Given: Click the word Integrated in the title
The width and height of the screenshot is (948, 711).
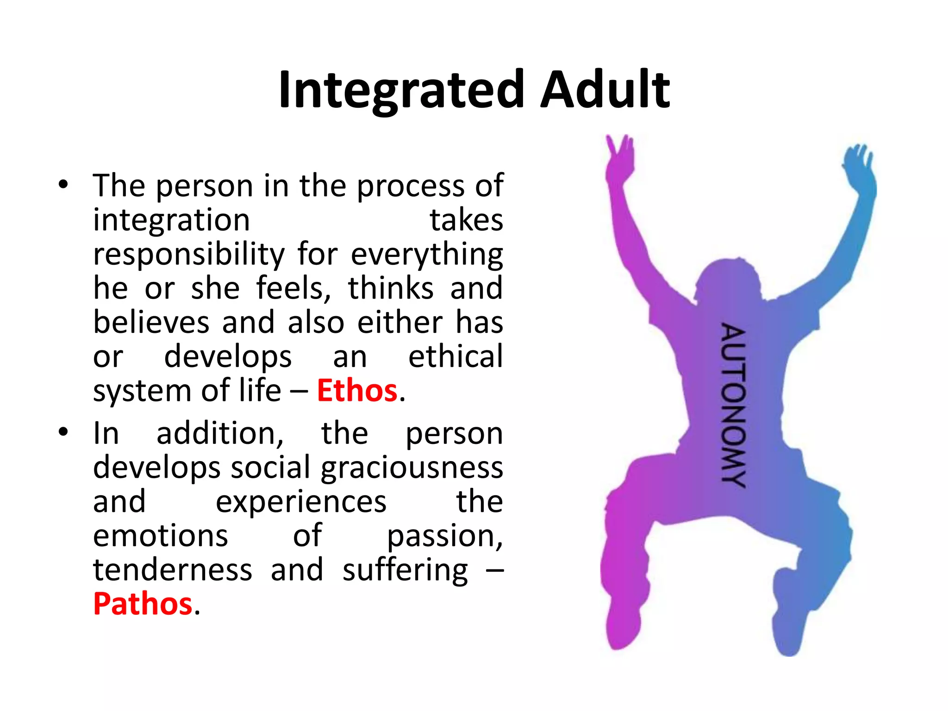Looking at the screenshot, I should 401,90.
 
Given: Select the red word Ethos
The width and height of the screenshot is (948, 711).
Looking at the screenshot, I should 357,390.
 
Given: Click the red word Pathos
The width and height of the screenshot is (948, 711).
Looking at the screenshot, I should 143,604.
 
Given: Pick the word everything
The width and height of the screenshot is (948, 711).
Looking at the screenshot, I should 426,255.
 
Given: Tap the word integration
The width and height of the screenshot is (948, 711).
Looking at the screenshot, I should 171,220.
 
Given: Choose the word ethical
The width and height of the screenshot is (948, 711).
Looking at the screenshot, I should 455,356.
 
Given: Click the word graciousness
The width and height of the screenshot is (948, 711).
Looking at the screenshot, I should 412,468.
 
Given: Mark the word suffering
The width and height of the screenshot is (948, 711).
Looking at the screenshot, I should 405,570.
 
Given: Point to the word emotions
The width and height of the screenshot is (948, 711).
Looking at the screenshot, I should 160,536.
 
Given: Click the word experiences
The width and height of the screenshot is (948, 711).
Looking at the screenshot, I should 301,502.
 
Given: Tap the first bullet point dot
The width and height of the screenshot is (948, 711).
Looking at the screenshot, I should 63,185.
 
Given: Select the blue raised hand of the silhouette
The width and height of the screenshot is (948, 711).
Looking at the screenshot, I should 859,164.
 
